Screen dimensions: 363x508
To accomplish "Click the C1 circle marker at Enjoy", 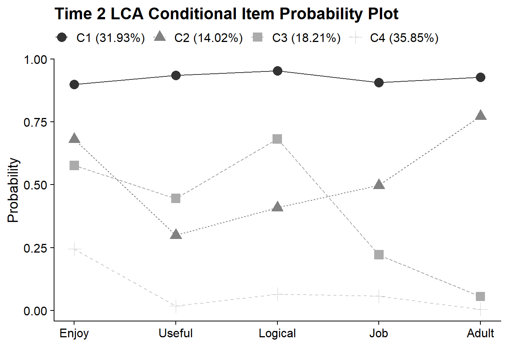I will click(x=74, y=84).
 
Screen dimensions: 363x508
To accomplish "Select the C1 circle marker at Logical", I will click(x=277, y=71).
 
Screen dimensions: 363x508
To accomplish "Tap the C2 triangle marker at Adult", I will click(x=480, y=116).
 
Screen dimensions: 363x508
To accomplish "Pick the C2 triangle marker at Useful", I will click(x=176, y=235).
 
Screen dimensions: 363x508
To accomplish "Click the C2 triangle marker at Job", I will click(x=379, y=185).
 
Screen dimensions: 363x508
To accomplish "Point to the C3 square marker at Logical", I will click(x=277, y=139).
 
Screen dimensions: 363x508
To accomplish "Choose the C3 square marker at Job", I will click(x=379, y=254).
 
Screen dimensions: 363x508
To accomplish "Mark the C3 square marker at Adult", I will click(x=480, y=296).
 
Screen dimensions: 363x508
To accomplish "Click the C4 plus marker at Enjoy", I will click(x=74, y=248).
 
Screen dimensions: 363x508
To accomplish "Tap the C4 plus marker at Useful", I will click(x=176, y=306).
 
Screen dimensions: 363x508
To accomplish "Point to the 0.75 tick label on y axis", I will click(x=35, y=123).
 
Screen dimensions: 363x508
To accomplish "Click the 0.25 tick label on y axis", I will click(x=35, y=248).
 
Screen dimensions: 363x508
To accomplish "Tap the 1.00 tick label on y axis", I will click(x=35, y=60).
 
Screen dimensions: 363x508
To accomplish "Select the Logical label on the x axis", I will click(x=277, y=334).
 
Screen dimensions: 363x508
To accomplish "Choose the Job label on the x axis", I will click(x=378, y=334).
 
